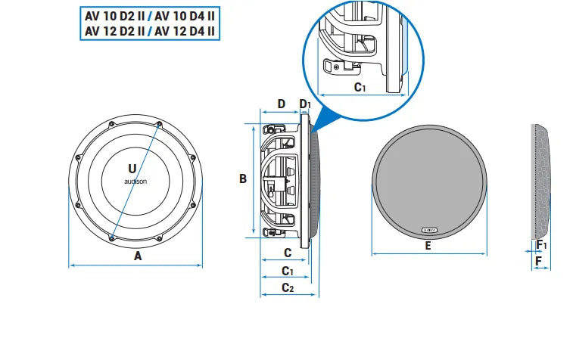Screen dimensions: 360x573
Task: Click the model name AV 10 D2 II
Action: [x=114, y=16]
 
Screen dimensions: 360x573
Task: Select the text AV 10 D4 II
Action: [x=185, y=16]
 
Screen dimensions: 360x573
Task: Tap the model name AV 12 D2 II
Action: [x=114, y=31]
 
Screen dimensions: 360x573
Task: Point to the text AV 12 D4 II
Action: [x=185, y=31]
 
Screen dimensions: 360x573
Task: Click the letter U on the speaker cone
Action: [x=132, y=167]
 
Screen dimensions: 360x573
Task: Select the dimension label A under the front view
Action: [x=138, y=256]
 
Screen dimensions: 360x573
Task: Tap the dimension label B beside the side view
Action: [x=243, y=179]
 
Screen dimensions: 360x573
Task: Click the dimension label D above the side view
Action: [x=280, y=104]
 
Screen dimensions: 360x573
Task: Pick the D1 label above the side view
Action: [x=305, y=104]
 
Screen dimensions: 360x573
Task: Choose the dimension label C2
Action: [x=288, y=287]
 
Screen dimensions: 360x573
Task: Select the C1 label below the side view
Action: [x=288, y=270]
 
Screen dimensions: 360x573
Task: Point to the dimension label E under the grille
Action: [x=428, y=246]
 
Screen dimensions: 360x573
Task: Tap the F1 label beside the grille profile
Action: [x=540, y=245]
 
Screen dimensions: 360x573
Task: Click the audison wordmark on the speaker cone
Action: [x=135, y=182]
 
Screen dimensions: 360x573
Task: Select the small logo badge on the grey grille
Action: [x=428, y=227]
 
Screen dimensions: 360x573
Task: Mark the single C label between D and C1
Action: [x=288, y=252]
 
